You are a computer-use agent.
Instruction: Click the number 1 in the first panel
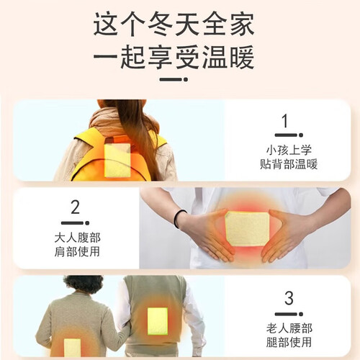[x=285, y=121]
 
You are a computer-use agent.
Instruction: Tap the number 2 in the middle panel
[x=76, y=207]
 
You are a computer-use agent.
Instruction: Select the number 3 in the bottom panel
[x=289, y=298]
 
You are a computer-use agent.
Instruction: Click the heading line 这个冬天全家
[x=174, y=24]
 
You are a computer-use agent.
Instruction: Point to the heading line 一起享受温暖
[x=174, y=58]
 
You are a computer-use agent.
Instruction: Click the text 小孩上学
[x=289, y=150]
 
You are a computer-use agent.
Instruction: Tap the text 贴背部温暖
[x=289, y=164]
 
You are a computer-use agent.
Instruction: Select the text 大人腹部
[x=77, y=238]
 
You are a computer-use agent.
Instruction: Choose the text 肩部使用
[x=77, y=252]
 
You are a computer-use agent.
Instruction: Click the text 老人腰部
[x=289, y=328]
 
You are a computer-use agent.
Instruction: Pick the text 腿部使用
[x=289, y=342]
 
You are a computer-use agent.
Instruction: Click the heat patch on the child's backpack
[x=117, y=160]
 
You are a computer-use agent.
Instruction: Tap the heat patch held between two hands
[x=247, y=229]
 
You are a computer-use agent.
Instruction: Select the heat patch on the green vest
[x=158, y=321]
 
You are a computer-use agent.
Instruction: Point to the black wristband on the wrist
[x=179, y=218]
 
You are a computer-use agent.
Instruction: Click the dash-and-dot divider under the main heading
[x=174, y=79]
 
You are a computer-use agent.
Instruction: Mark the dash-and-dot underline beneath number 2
[x=76, y=223]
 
